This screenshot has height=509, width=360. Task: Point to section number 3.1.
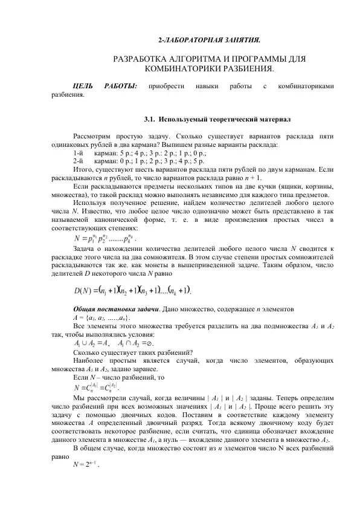150,120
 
